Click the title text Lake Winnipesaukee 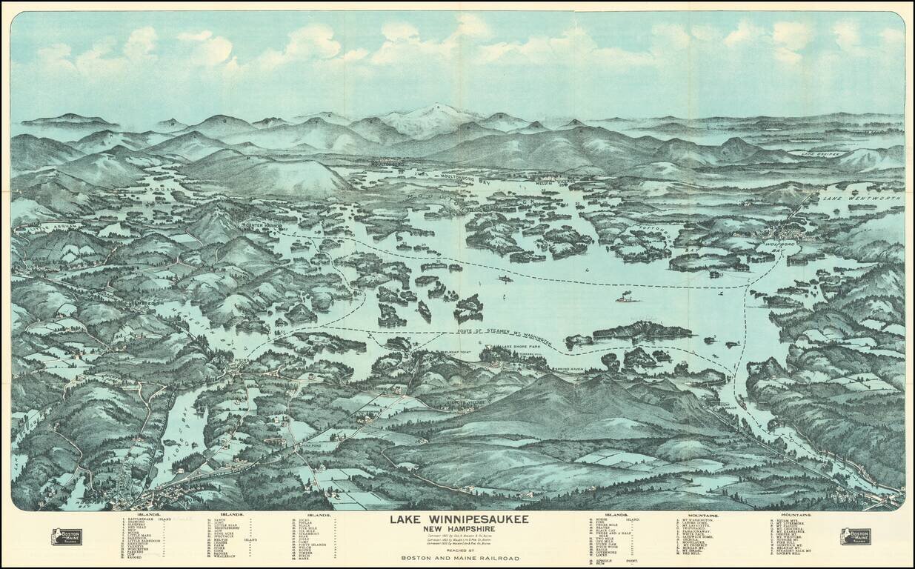pyautogui.click(x=459, y=519)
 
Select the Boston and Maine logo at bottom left pyautogui.click(x=67, y=536)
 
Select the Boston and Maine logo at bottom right pyautogui.click(x=855, y=536)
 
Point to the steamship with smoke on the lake pyautogui.click(x=626, y=298)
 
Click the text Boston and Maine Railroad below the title pyautogui.click(x=459, y=558)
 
